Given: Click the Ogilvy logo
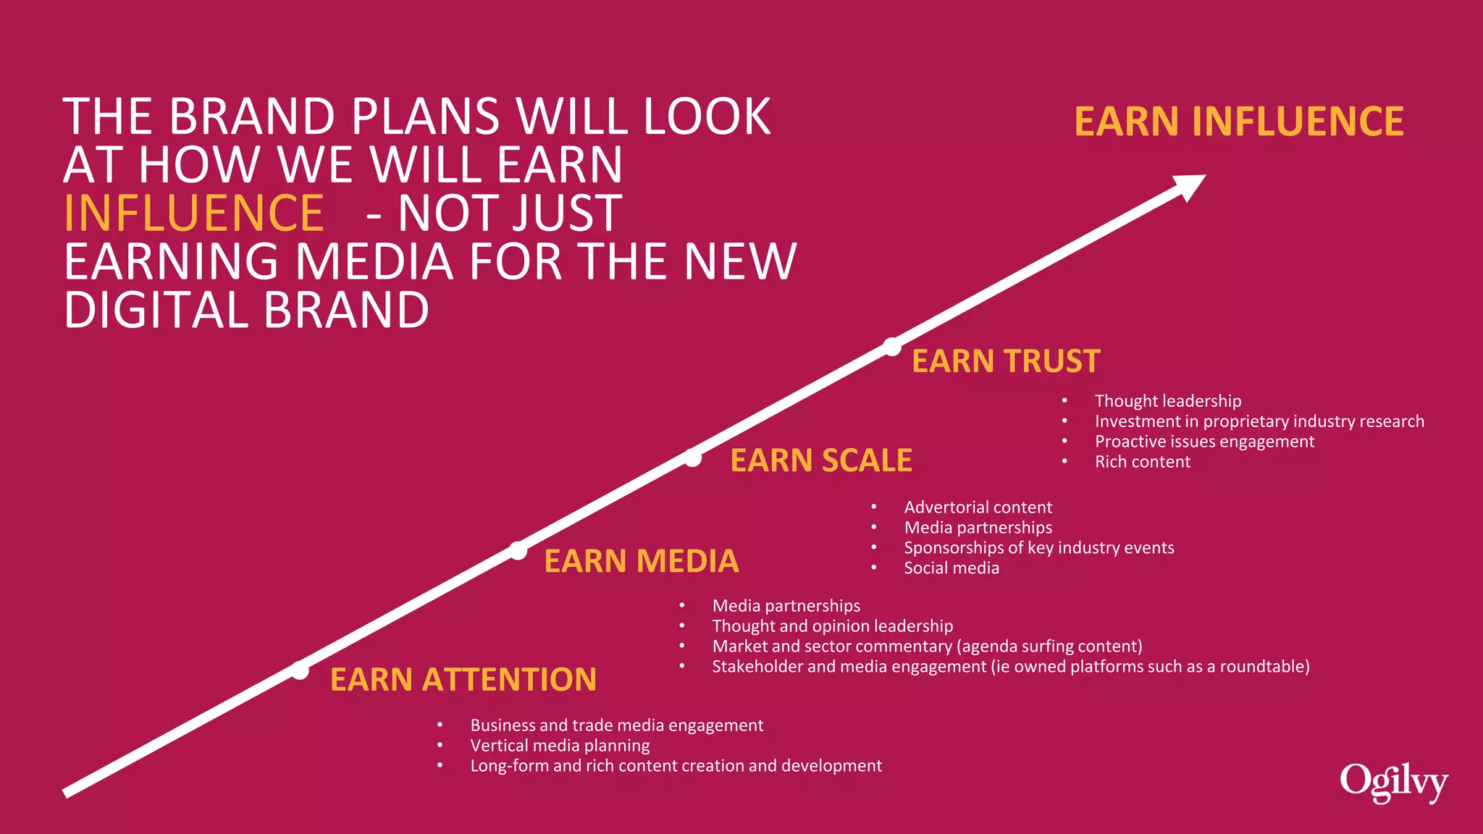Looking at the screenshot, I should point(1392,783).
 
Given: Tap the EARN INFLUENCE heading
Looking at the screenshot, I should point(1238,122).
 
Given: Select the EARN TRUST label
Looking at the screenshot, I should point(1005,361).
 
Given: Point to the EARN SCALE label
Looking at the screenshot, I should point(820,460).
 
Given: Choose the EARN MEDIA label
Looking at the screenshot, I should point(641,561).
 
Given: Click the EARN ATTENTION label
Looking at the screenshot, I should point(463,680).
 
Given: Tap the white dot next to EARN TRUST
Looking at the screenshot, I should point(892,347).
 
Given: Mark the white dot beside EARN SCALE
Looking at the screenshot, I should point(693,458).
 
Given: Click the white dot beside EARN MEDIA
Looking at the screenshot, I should point(518,551).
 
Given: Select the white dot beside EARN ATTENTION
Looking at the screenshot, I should point(300,670).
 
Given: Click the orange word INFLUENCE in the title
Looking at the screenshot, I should point(193,214).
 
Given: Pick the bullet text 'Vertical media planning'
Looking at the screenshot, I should point(560,746).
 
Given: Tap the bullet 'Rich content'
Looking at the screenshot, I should point(1142,462).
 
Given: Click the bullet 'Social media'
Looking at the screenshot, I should point(951,568).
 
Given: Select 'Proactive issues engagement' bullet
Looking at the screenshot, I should point(1203,442).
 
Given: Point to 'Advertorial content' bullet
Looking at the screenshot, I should point(978,507).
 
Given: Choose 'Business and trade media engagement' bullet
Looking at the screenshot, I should point(616,725).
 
